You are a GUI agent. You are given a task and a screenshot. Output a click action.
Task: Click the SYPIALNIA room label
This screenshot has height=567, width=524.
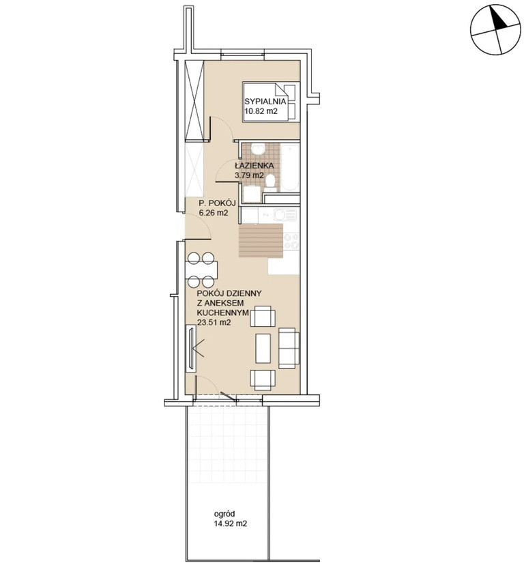click(x=265, y=102)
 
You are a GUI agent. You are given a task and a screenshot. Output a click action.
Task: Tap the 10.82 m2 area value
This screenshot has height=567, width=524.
click(x=261, y=112)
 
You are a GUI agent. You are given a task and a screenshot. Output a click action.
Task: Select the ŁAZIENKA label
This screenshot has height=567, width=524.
click(x=254, y=166)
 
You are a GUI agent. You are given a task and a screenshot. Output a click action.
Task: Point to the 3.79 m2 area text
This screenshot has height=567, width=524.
click(x=249, y=176)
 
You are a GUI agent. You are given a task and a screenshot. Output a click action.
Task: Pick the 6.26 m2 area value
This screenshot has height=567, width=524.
click(x=214, y=214)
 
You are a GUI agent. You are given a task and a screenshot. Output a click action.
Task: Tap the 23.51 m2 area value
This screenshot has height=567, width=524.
click(x=214, y=323)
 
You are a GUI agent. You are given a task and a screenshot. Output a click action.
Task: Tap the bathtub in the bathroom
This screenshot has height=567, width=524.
click(x=291, y=168)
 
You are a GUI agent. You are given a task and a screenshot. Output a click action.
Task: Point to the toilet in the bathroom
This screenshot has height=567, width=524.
click(x=270, y=184)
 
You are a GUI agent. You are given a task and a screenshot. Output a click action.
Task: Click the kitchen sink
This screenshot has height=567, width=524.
click(x=285, y=215)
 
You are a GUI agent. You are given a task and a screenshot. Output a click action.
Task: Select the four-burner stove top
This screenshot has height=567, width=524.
click(x=291, y=241)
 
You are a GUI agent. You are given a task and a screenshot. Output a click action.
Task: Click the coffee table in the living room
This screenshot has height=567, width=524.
click(x=263, y=349)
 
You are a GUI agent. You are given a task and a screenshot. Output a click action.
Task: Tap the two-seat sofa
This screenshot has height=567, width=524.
click(x=289, y=348)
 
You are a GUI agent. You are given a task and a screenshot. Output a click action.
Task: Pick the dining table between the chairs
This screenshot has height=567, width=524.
click(x=201, y=270)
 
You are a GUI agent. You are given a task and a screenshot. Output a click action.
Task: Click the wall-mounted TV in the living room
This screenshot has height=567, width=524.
click(x=190, y=348)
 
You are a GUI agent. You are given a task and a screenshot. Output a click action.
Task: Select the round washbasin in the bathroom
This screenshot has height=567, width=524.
click(x=257, y=150)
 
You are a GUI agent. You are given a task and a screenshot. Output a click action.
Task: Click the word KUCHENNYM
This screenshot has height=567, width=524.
click(x=222, y=312)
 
